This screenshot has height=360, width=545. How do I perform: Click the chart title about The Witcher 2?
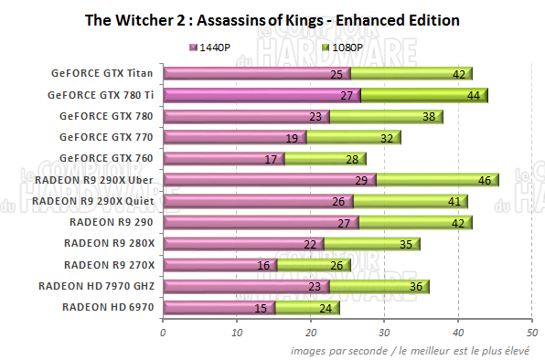pyautogui.click(x=271, y=19)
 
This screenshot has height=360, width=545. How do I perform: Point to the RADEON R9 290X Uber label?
pyautogui.click(x=99, y=179)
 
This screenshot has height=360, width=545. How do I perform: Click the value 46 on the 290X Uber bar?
pyautogui.click(x=482, y=181)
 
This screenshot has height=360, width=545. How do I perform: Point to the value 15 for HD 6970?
pyautogui.click(x=262, y=308)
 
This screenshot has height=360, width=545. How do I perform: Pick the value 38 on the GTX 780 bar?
pyautogui.click(x=426, y=117)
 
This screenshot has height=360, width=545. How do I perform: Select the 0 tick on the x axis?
pyautogui.click(x=163, y=333)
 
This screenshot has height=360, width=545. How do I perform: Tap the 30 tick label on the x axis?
pyautogui.click(x=384, y=333)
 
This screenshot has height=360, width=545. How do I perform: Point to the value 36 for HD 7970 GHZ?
pyautogui.click(x=412, y=287)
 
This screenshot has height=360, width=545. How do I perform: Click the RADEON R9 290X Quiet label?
pyautogui.click(x=96, y=200)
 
